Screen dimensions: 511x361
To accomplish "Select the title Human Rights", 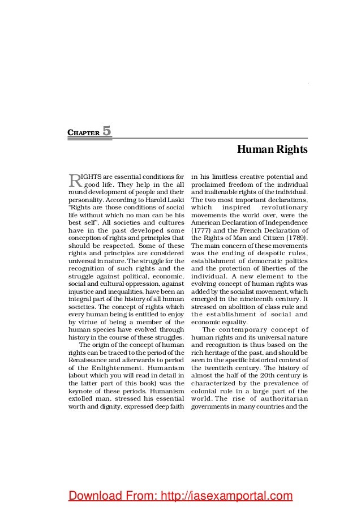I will point(272,150).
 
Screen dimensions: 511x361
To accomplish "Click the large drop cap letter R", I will point(74,181).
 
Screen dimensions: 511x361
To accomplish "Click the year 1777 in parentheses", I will point(204,231).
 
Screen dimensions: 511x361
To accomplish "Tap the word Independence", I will point(281,223).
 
